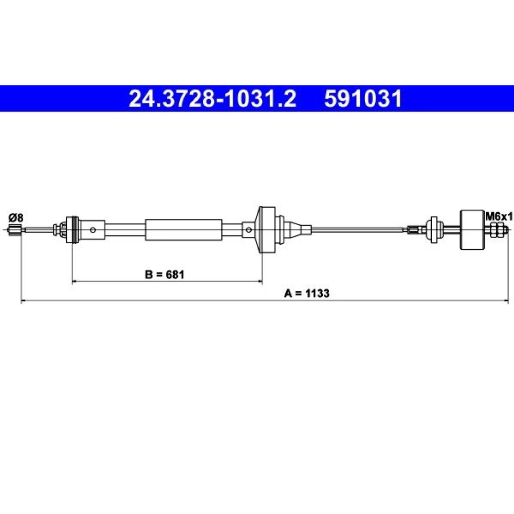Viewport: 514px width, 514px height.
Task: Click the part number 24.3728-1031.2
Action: point(212,99)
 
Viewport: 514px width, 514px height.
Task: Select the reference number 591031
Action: point(363,99)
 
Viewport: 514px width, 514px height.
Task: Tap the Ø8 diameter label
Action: point(16,217)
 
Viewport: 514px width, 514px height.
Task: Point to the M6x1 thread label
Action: point(499,217)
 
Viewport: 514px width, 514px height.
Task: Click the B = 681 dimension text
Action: point(164,274)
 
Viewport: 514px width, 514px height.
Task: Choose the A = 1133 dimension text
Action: point(306,293)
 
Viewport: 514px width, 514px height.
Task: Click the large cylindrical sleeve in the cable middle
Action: point(183,230)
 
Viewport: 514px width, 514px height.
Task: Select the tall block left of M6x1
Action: point(472,229)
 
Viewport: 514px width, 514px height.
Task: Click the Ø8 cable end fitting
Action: point(15,230)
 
